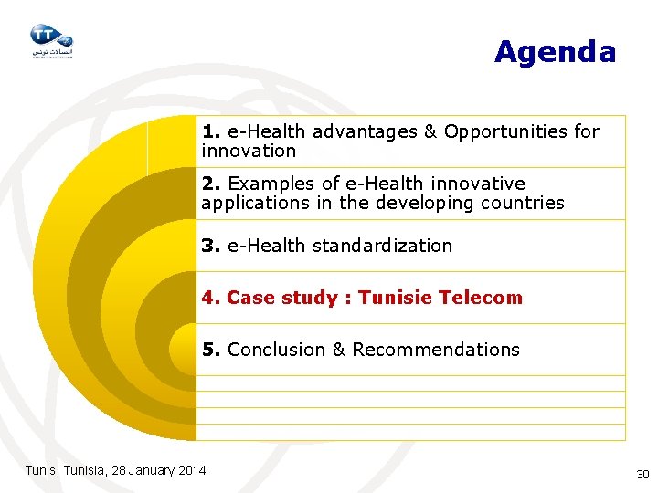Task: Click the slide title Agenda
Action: pyautogui.click(x=555, y=52)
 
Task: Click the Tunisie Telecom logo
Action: pyautogui.click(x=50, y=40)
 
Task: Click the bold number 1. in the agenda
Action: pyautogui.click(x=211, y=131)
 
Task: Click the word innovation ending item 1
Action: pyautogui.click(x=249, y=151)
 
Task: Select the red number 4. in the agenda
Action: pyautogui.click(x=211, y=298)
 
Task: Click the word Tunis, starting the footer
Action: pyautogui.click(x=41, y=470)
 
